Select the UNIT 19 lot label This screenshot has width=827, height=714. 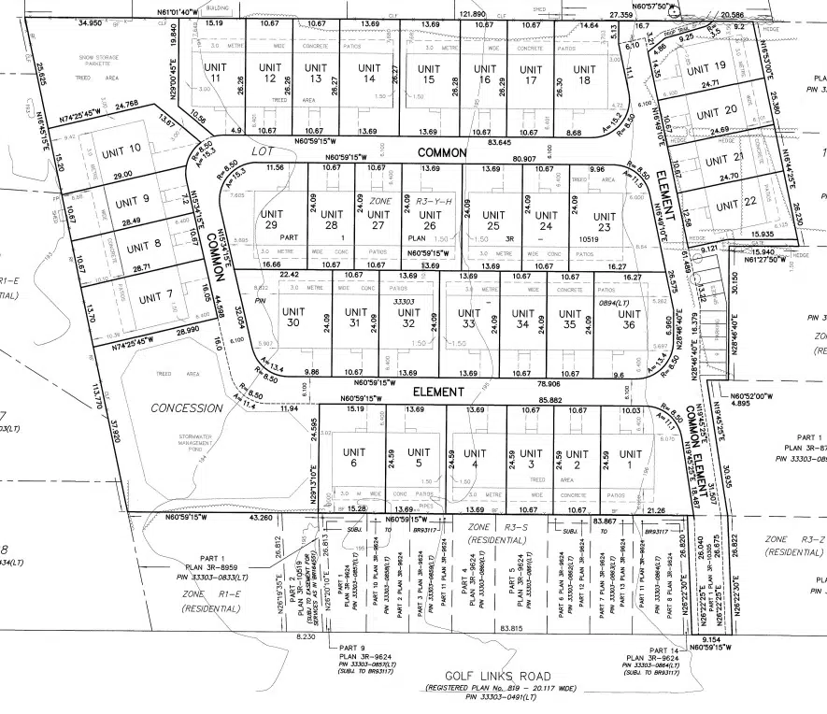point(706,67)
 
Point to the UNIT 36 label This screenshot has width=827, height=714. point(619,318)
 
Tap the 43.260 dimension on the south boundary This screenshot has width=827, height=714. point(262,517)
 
